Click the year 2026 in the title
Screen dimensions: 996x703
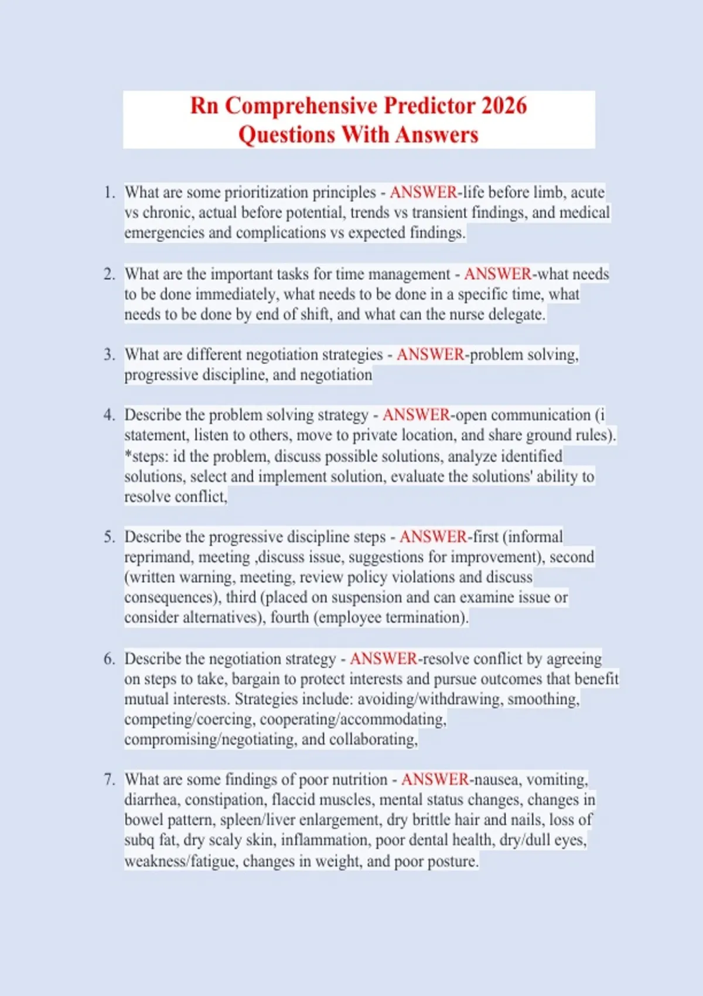pos(504,106)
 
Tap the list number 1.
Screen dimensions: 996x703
pos(108,192)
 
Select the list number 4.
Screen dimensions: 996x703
pos(108,415)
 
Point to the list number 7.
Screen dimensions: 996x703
pos(108,779)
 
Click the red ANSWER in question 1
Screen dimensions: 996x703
pos(423,192)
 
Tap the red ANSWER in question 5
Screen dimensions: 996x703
pos(433,537)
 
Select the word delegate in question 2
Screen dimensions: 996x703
pos(515,314)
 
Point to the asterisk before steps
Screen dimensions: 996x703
pos(128,455)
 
